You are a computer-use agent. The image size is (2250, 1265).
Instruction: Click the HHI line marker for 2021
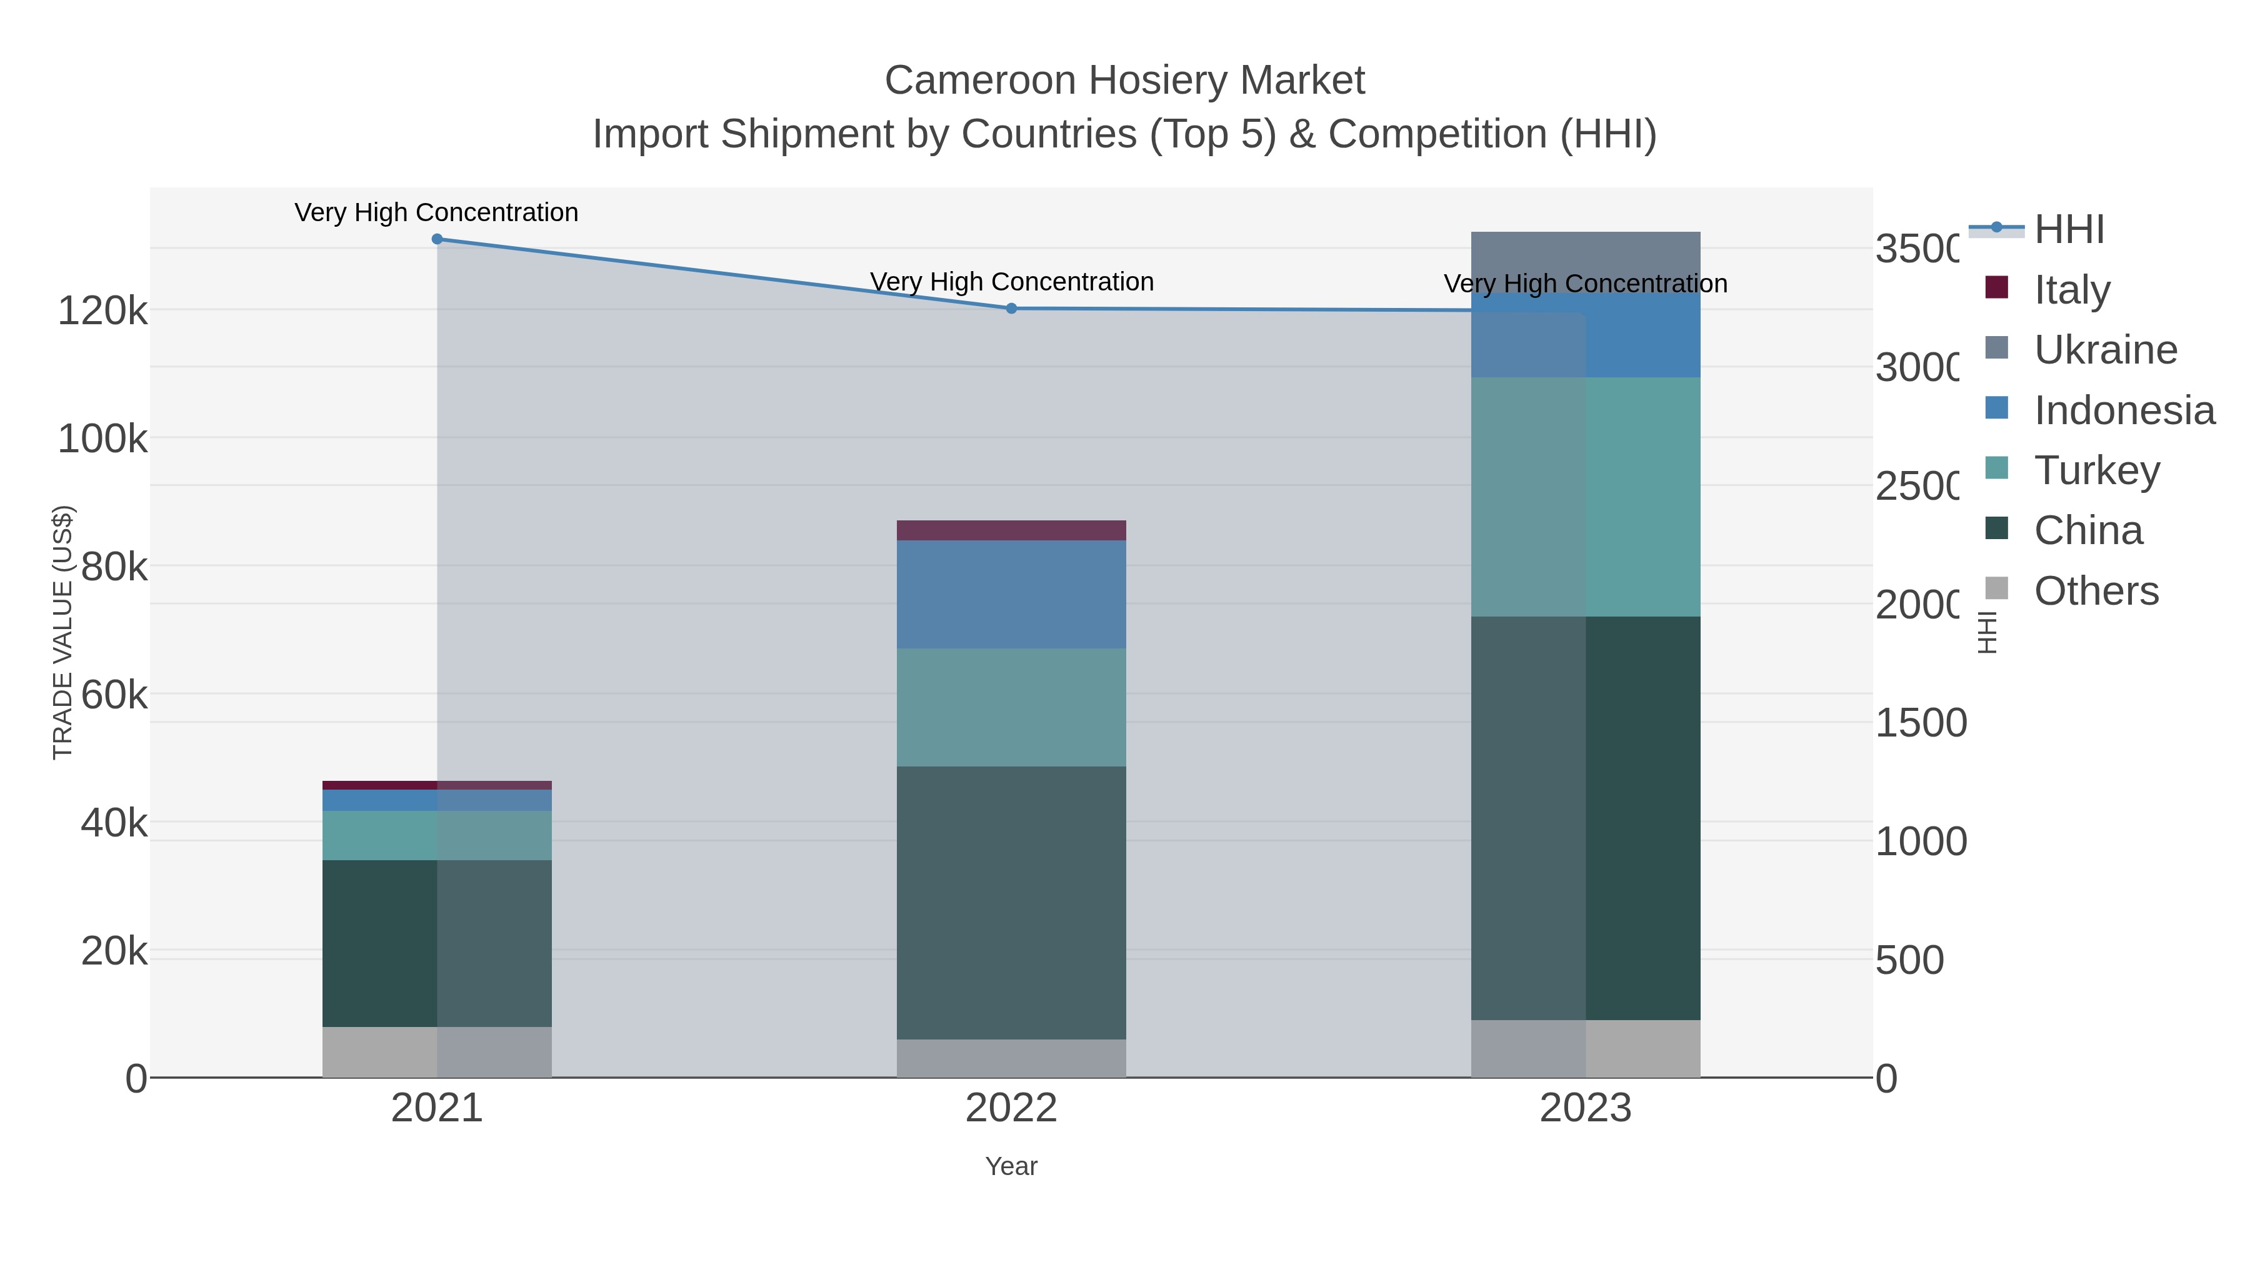pos(437,239)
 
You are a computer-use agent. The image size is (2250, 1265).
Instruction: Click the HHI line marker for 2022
pos(1011,308)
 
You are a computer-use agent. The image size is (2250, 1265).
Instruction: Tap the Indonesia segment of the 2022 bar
pos(1011,595)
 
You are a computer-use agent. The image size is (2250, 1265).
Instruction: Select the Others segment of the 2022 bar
pos(1011,1058)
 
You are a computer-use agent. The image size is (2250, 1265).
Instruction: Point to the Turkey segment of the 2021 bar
pos(437,835)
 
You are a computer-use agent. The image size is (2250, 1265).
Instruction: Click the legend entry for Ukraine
pos(2105,350)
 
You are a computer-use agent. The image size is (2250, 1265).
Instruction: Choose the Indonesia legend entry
pos(2122,410)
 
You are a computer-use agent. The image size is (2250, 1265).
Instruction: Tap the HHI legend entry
pos(2068,230)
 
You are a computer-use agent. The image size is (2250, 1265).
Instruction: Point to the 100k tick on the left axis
pos(103,439)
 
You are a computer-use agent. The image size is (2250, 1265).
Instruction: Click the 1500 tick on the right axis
pos(1920,723)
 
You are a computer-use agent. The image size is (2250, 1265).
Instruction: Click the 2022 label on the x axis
pos(1011,1109)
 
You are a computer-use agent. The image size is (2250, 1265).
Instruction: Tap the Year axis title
pos(1011,1166)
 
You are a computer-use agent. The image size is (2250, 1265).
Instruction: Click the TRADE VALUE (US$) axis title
pos(63,632)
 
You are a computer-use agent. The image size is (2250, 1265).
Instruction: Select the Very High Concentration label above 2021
pos(437,212)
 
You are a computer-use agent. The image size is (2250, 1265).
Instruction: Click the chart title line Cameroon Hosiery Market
pos(1124,81)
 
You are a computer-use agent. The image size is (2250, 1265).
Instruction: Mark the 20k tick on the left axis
pos(114,951)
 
